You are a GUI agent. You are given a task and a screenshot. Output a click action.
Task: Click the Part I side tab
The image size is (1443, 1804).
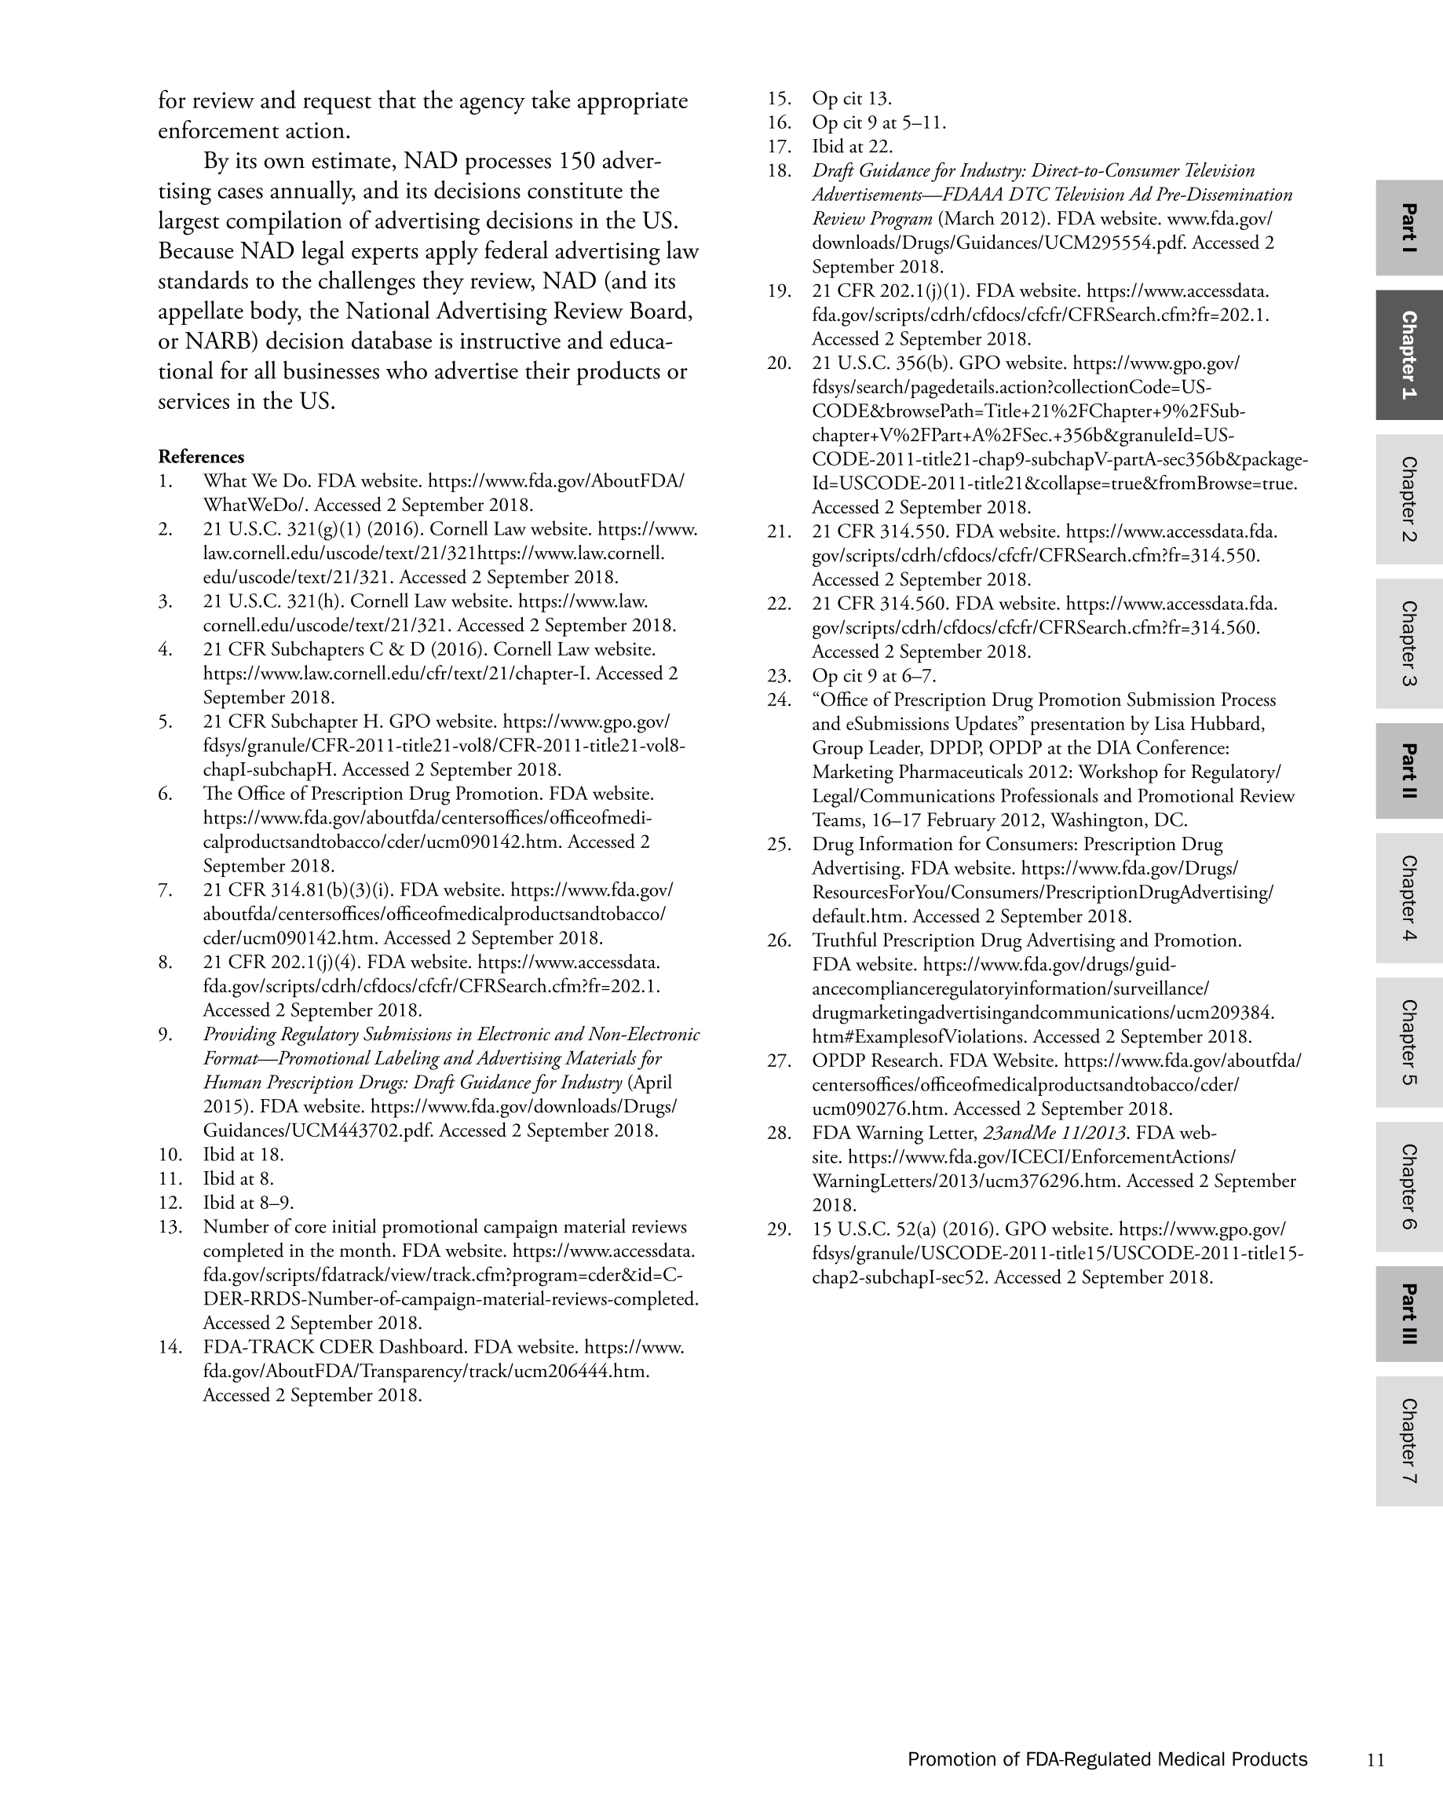pos(1408,228)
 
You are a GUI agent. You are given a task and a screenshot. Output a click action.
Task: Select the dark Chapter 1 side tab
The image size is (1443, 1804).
pos(1408,355)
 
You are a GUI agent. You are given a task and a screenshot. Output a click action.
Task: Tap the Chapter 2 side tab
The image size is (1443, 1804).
pos(1408,498)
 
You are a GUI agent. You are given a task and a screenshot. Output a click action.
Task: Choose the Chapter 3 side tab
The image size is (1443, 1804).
pos(1408,644)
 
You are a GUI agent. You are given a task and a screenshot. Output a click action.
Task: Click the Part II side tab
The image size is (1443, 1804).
pos(1408,771)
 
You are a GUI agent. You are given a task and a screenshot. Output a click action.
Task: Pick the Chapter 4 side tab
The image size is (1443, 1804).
pos(1408,898)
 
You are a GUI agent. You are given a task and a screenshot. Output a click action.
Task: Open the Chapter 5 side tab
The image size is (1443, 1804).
pos(1408,1043)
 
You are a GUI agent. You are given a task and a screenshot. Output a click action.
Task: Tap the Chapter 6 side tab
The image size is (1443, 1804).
pos(1408,1186)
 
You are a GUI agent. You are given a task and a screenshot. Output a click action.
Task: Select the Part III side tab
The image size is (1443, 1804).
pos(1408,1313)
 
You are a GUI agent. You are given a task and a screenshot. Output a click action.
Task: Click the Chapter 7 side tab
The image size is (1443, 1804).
pos(1408,1441)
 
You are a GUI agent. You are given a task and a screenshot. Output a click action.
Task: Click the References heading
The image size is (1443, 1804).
pos(201,457)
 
